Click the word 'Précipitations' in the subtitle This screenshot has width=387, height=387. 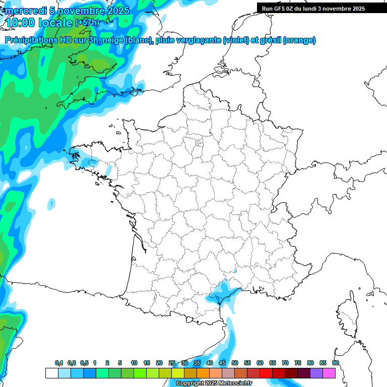coord(32,40)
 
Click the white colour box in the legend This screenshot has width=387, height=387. coord(51,373)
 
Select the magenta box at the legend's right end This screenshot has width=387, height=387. coord(329,373)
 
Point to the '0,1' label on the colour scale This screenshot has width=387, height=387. coord(59,363)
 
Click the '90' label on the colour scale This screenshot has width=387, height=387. coord(336,363)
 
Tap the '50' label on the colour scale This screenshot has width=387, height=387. coord(235,363)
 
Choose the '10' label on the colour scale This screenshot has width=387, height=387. coord(134,363)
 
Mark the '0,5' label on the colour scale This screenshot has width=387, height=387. coord(84,363)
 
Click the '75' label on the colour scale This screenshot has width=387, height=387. coord(298,363)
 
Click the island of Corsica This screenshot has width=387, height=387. coord(347,315)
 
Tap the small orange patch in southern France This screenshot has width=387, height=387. coord(234,271)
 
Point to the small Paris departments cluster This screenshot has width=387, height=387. coord(199,143)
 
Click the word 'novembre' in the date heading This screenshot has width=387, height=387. coord(81,11)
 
